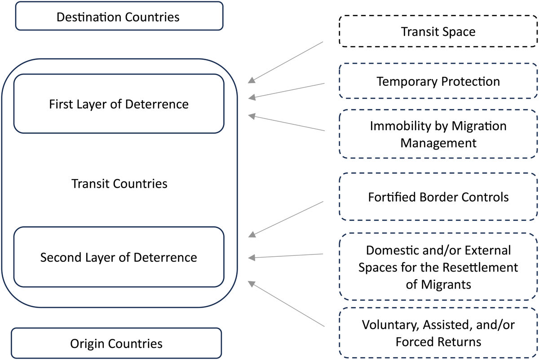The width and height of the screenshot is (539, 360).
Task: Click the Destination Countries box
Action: [x=119, y=16]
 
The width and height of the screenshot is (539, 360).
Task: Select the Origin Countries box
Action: [x=116, y=343]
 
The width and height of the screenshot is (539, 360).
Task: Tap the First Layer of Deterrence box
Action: [x=119, y=104]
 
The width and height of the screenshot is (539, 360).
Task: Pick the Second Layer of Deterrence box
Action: [x=119, y=257]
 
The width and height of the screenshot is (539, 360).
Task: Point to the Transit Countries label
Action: [x=119, y=184]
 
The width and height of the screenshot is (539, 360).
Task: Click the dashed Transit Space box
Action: [x=438, y=31]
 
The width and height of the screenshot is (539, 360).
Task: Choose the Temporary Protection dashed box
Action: [x=438, y=81]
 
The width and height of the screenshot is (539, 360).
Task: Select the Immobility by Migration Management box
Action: [x=438, y=134]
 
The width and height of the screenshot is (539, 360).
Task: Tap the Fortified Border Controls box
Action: [x=438, y=197]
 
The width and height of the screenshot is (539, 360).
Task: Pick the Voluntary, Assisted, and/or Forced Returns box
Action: [x=438, y=333]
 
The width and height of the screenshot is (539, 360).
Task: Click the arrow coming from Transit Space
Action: [x=286, y=62]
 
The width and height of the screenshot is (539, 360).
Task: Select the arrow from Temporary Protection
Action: [x=286, y=90]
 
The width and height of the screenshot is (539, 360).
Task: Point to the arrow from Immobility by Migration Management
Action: [x=286, y=123]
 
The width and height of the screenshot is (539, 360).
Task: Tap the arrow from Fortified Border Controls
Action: [x=286, y=218]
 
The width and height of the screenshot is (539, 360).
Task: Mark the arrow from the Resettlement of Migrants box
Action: [x=286, y=256]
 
